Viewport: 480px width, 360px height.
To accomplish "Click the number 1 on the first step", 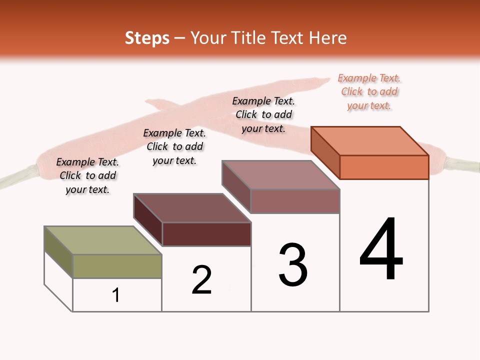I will tap(116, 295).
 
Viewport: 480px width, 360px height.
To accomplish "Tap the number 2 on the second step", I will tap(201, 279).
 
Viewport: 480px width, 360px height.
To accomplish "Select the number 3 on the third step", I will tap(293, 265).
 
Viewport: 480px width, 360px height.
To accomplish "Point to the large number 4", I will tap(381, 249).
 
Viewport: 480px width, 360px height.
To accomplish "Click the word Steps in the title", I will tap(147, 38).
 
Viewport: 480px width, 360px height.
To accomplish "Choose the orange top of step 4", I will tap(370, 141).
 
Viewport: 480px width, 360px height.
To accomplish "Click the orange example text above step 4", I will tap(369, 91).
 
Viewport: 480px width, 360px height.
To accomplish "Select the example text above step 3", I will tap(263, 114).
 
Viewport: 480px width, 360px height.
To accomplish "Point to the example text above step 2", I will tap(174, 146).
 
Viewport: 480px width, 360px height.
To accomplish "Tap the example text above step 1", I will tap(87, 175).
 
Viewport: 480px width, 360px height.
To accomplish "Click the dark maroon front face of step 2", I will tap(206, 234).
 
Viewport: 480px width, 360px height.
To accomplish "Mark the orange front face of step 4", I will tap(384, 167).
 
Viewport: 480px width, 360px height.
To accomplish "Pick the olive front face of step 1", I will tap(117, 266).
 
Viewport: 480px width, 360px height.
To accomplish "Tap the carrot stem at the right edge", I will tap(462, 165).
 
